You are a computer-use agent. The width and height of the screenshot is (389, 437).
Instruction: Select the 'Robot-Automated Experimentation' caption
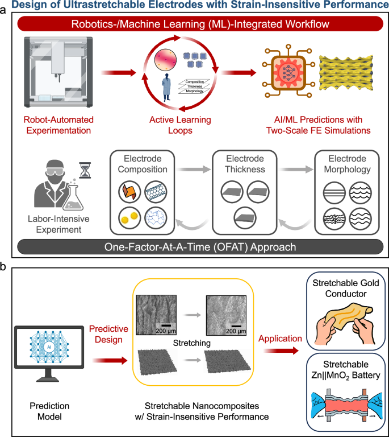point(59,126)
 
